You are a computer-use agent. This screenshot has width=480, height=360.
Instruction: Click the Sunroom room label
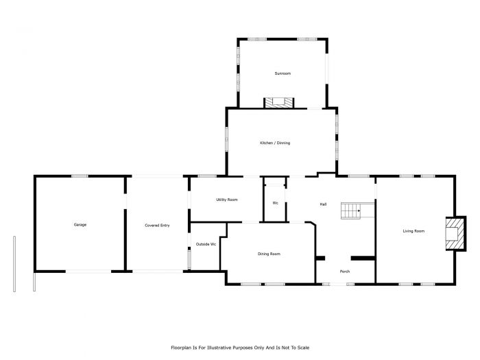pos(283,73)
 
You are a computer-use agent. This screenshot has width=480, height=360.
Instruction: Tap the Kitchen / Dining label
pos(274,143)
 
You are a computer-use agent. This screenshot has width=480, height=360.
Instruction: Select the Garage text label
pos(80,224)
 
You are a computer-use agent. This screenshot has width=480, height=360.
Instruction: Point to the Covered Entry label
pos(157,225)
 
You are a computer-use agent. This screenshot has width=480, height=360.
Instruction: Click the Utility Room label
pos(226,200)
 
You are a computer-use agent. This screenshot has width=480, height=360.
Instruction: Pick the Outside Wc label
pos(206,244)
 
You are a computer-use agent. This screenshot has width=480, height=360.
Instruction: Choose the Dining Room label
pos(269,254)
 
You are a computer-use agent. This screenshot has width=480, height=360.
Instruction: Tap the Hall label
pos(323,204)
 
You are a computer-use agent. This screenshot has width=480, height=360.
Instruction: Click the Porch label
pos(345,271)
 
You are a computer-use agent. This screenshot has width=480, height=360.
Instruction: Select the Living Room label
pos(413,231)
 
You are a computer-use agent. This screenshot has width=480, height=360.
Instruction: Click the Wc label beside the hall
pos(275,203)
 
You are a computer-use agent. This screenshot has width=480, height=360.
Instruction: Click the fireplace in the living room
pos(454,234)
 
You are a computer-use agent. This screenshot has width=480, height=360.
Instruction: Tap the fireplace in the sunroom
pos(279,104)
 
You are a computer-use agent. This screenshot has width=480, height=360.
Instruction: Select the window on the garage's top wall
pos(80,176)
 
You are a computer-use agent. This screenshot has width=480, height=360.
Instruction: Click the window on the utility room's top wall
pos(207,176)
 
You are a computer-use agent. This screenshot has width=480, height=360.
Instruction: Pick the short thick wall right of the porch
pos(363,258)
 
